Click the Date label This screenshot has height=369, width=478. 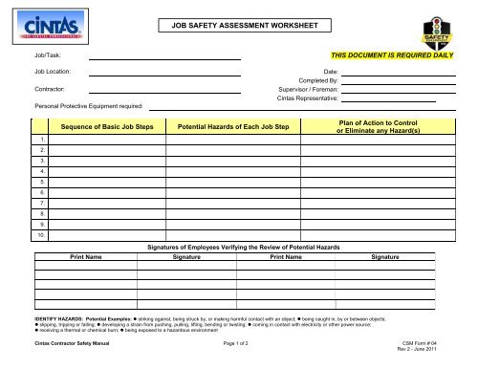[332, 73]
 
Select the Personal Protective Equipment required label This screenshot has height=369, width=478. [88, 105]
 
